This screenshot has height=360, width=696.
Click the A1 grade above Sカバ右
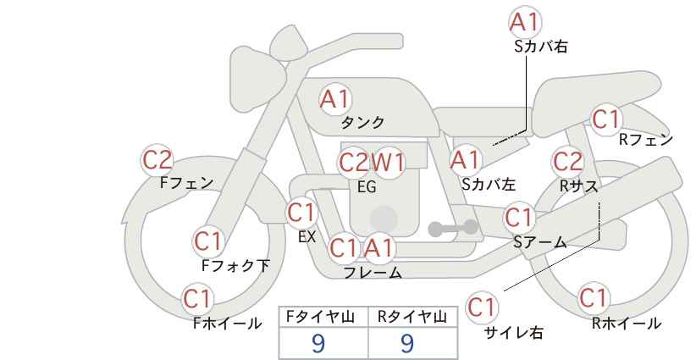[x=525, y=21]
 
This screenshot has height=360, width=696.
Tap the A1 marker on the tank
[x=335, y=99]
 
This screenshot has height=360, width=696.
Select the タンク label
[x=362, y=123]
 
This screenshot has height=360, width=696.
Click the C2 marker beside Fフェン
[x=157, y=159]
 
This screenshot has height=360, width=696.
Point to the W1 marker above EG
[x=389, y=162]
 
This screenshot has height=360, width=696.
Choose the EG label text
[x=367, y=187]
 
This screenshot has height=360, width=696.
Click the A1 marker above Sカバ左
[x=465, y=159]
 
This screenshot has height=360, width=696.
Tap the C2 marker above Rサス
[x=567, y=160]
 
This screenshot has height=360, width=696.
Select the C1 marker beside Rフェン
[x=606, y=120]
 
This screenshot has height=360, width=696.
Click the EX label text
[x=307, y=238]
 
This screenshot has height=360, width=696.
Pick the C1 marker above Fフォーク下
[x=207, y=241]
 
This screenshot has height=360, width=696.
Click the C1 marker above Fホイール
[x=198, y=299]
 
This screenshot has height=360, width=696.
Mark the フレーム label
[x=373, y=273]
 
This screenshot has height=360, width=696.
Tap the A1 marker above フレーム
[x=379, y=249]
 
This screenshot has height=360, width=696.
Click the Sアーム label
[x=539, y=242]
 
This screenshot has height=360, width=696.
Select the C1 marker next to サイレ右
[x=482, y=307]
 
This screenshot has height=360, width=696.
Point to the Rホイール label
[x=626, y=323]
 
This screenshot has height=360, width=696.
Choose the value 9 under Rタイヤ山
[x=407, y=343]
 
